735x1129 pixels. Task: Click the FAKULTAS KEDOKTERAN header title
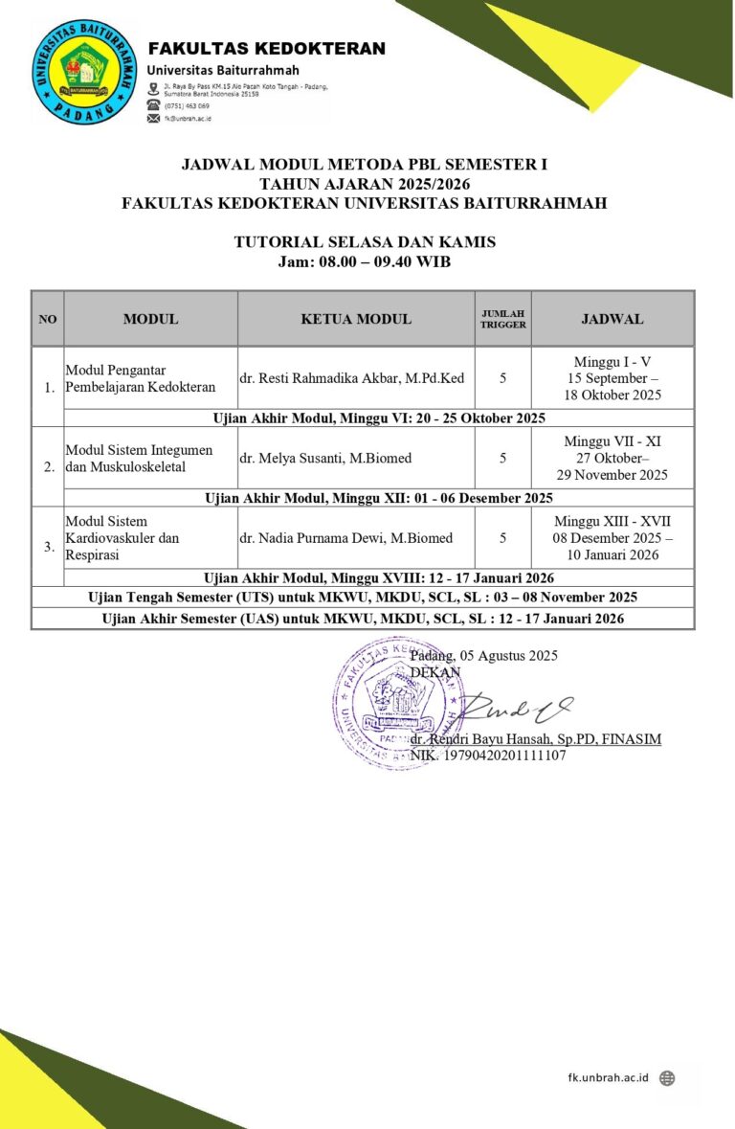266,49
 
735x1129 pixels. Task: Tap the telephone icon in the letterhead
153,105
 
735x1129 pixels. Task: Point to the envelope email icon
153,119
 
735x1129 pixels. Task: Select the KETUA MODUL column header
356,319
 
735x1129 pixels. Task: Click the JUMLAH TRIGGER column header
502,319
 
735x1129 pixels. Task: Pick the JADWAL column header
612,319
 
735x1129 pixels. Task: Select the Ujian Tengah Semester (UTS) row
363,598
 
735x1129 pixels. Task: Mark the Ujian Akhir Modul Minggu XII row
379,498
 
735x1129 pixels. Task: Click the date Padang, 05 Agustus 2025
483,656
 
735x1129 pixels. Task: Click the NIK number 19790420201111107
488,756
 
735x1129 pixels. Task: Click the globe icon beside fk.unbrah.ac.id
667,1078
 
